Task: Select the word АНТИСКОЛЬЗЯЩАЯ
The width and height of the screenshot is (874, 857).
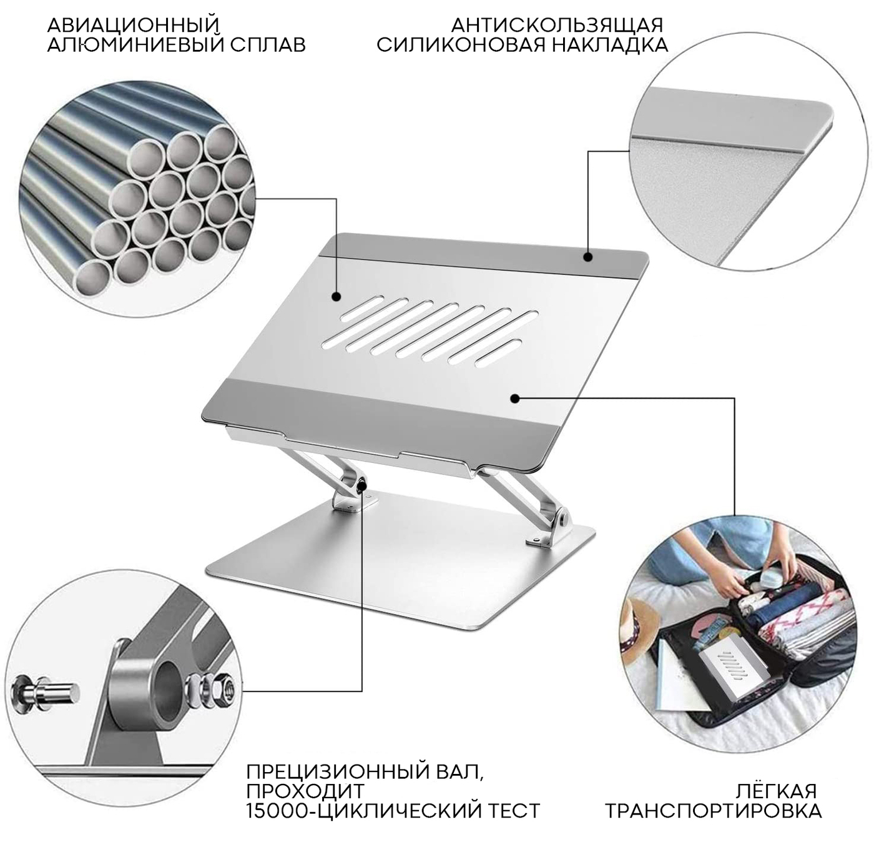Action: click(x=557, y=26)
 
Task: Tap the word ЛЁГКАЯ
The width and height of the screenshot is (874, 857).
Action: click(x=775, y=791)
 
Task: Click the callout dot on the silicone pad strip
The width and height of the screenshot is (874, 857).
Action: click(x=588, y=257)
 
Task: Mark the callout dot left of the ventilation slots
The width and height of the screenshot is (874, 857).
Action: click(x=336, y=297)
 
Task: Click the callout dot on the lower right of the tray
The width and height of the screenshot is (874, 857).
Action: click(x=514, y=399)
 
